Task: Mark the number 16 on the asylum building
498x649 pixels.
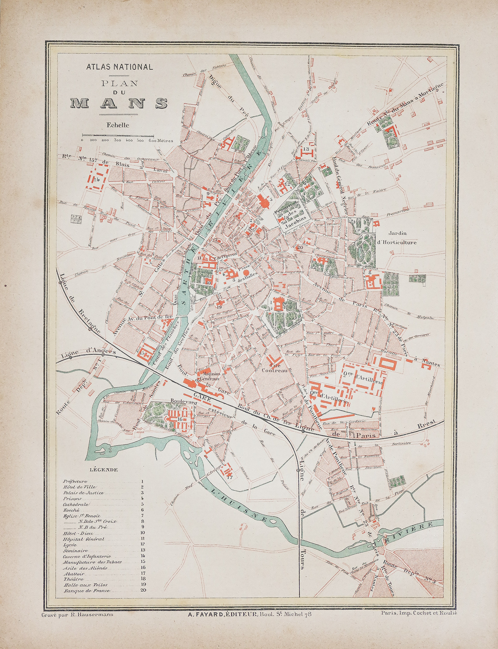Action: click(180, 419)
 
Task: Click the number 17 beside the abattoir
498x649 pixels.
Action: click(230, 477)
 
